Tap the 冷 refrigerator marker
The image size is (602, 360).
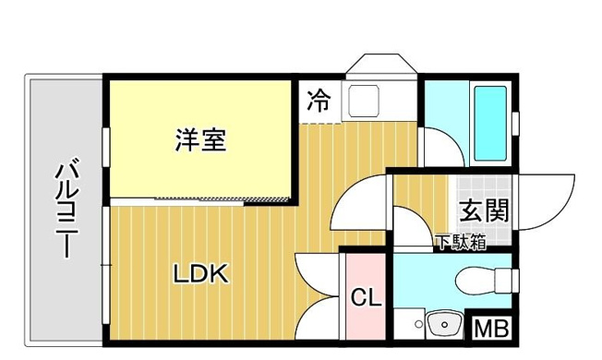pos(319,101)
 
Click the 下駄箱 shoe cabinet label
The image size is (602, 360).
pos(461,243)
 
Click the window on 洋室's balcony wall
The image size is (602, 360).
pos(106,148)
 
